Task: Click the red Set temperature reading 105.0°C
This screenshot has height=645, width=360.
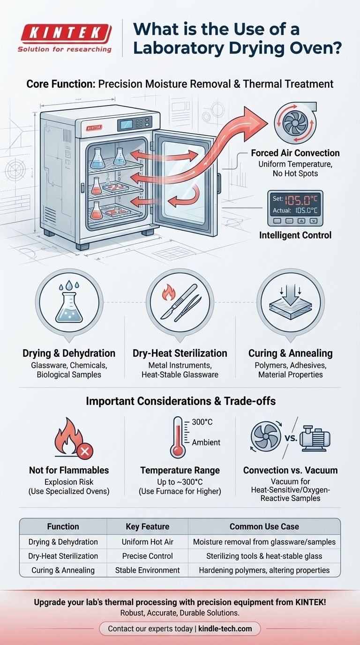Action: [301, 199]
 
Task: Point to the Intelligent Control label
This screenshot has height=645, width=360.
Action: [295, 235]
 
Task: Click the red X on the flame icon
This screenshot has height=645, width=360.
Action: [85, 451]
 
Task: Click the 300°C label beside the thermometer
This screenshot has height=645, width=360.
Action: [202, 422]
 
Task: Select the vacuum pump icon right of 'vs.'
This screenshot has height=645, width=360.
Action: [315, 439]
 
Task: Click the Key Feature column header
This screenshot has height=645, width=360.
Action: [148, 526]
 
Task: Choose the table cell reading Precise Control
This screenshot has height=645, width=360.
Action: [148, 556]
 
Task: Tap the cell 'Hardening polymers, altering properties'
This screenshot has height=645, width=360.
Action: [264, 570]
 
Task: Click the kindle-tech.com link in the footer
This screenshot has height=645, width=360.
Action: [225, 628]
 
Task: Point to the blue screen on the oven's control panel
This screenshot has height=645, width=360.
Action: [127, 124]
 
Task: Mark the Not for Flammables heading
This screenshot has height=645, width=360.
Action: [69, 470]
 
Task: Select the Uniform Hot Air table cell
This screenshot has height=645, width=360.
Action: [148, 542]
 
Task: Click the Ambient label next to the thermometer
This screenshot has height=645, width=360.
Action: [206, 442]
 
